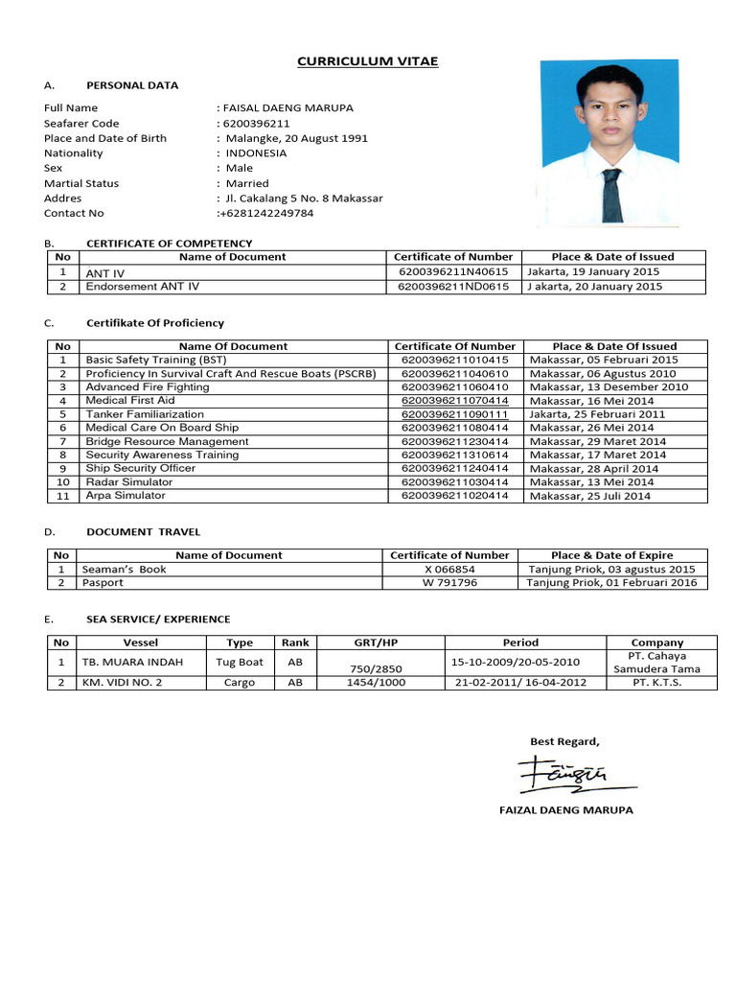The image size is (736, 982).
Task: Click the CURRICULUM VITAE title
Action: (x=367, y=61)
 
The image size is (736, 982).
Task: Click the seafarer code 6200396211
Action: (x=256, y=123)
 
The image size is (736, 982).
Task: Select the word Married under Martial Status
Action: (x=247, y=183)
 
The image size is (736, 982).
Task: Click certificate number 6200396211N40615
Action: (x=453, y=271)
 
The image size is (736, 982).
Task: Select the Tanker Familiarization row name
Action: (x=145, y=414)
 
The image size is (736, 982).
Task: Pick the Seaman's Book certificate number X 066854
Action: (x=449, y=569)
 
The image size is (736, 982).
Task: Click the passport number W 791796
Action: (x=449, y=582)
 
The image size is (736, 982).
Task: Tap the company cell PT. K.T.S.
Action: (x=657, y=683)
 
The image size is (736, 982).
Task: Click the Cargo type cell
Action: (x=240, y=683)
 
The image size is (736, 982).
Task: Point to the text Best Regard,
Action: (x=565, y=740)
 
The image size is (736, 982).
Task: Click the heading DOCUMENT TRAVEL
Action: (x=144, y=531)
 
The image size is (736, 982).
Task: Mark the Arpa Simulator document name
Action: (x=126, y=496)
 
